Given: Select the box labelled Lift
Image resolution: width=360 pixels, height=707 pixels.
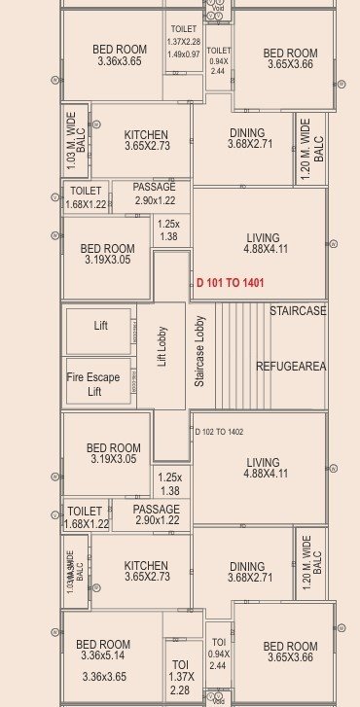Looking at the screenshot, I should [x=99, y=327].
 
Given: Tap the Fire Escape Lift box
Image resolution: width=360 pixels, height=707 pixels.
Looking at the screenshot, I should [x=97, y=383].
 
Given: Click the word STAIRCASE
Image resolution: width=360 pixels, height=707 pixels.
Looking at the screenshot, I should [x=299, y=311].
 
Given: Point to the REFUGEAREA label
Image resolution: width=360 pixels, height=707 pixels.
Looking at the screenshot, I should [x=291, y=367].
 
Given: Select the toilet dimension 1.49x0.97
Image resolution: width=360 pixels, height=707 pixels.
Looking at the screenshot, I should [x=183, y=54].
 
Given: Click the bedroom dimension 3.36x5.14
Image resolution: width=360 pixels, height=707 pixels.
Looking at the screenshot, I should [x=104, y=657].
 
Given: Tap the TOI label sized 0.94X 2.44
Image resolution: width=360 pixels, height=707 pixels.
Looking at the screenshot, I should [x=218, y=654].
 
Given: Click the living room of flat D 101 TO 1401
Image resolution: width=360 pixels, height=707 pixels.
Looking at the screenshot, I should [x=263, y=244].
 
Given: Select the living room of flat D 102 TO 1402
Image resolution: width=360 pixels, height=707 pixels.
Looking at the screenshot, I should [x=263, y=469].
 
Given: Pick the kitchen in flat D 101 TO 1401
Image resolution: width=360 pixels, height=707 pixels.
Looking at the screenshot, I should [x=146, y=141].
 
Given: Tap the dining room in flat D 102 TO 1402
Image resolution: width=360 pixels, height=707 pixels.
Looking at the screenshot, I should [x=247, y=573].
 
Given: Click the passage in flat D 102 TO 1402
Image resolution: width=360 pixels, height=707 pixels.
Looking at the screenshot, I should [x=156, y=515].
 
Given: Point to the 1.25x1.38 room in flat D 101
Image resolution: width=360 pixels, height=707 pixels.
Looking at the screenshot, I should [x=168, y=230].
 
